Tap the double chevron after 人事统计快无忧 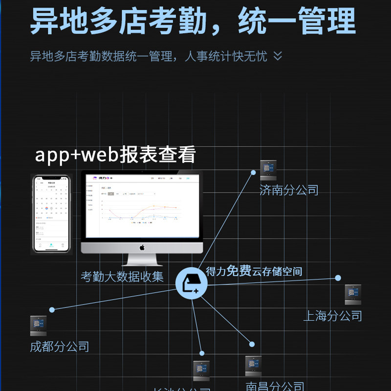point(278,56)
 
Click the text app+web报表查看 point(115,154)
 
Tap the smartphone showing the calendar point(51,214)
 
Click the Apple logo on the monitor point(142,247)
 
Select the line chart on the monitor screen point(142,210)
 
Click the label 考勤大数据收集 point(122,277)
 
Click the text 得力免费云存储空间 point(254,271)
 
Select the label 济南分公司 point(289,190)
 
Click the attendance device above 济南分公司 point(268,171)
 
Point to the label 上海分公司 point(332,316)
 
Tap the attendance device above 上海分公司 point(353,295)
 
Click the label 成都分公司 point(60,347)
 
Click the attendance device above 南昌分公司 point(253,366)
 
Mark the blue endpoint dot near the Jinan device point(253,173)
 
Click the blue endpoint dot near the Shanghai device point(338,278)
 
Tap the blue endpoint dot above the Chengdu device point(52,309)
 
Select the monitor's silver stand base point(142,262)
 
